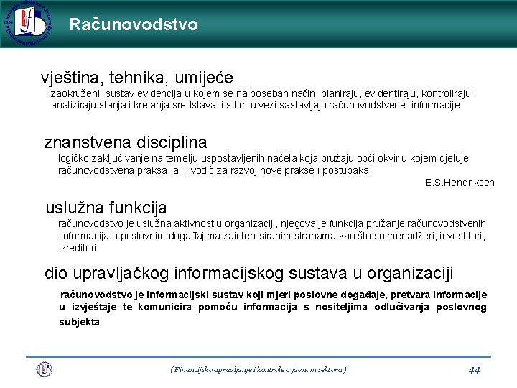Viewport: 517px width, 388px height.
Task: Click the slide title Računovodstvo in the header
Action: coord(134,24)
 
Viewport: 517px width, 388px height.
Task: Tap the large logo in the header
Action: coord(27,24)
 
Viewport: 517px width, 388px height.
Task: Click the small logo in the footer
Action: coord(45,369)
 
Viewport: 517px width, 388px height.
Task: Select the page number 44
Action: coord(474,370)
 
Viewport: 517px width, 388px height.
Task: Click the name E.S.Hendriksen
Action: coord(460,183)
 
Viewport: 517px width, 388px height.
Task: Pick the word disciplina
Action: coord(172,142)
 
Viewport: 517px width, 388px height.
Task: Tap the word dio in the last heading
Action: coord(55,273)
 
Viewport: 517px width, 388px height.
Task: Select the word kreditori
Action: coord(78,248)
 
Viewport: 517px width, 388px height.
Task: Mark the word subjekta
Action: coord(79,322)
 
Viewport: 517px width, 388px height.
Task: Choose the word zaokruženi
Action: coord(75,93)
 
